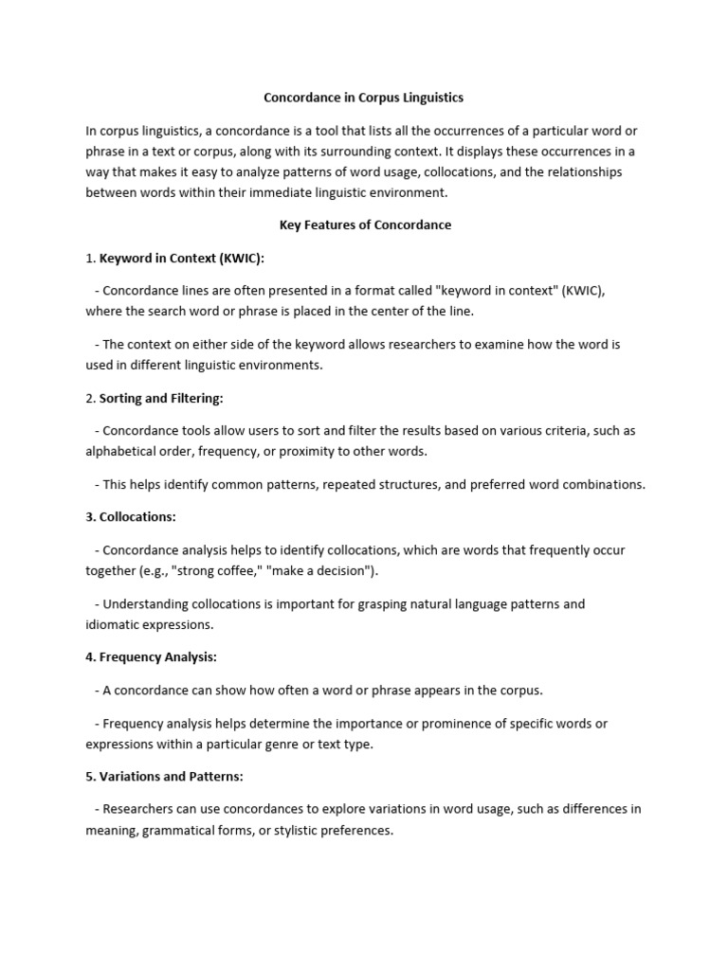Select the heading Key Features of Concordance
click(x=365, y=225)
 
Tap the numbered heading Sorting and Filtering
click(x=161, y=398)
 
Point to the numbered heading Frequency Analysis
click(x=158, y=656)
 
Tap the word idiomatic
click(x=114, y=624)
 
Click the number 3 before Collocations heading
click(x=89, y=516)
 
